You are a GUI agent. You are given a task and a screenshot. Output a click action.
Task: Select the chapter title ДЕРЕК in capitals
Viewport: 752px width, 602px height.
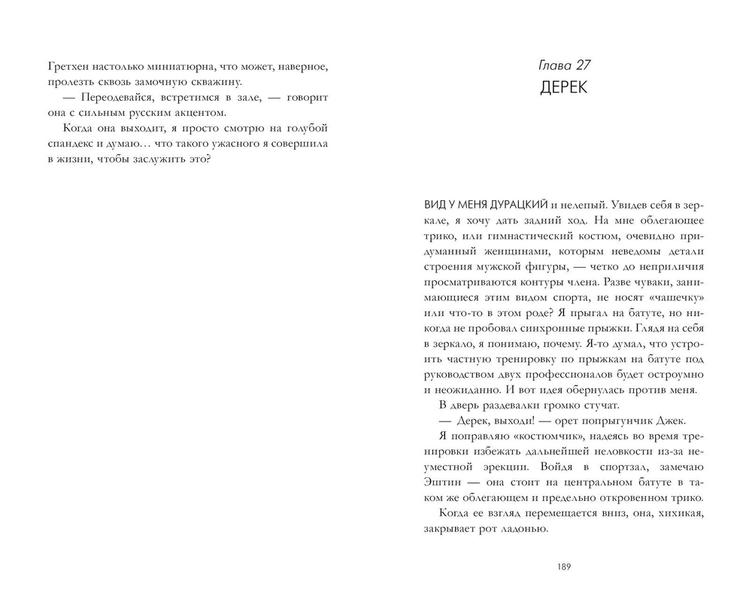pyautogui.click(x=563, y=87)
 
